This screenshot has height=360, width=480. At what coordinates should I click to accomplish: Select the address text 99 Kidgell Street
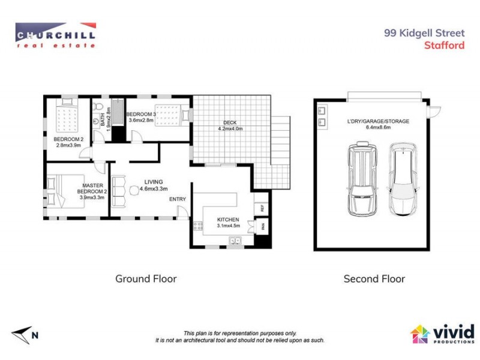[424, 34]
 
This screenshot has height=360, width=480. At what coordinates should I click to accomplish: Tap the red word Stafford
[444, 45]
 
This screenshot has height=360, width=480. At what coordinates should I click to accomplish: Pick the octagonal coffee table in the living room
[133, 191]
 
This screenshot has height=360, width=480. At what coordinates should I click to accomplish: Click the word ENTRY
[177, 199]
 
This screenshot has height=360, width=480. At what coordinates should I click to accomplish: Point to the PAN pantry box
[261, 226]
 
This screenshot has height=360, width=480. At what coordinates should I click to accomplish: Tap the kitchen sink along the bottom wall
[235, 241]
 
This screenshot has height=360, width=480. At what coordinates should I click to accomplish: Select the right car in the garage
[402, 179]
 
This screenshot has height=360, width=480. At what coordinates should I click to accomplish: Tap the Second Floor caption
[374, 279]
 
